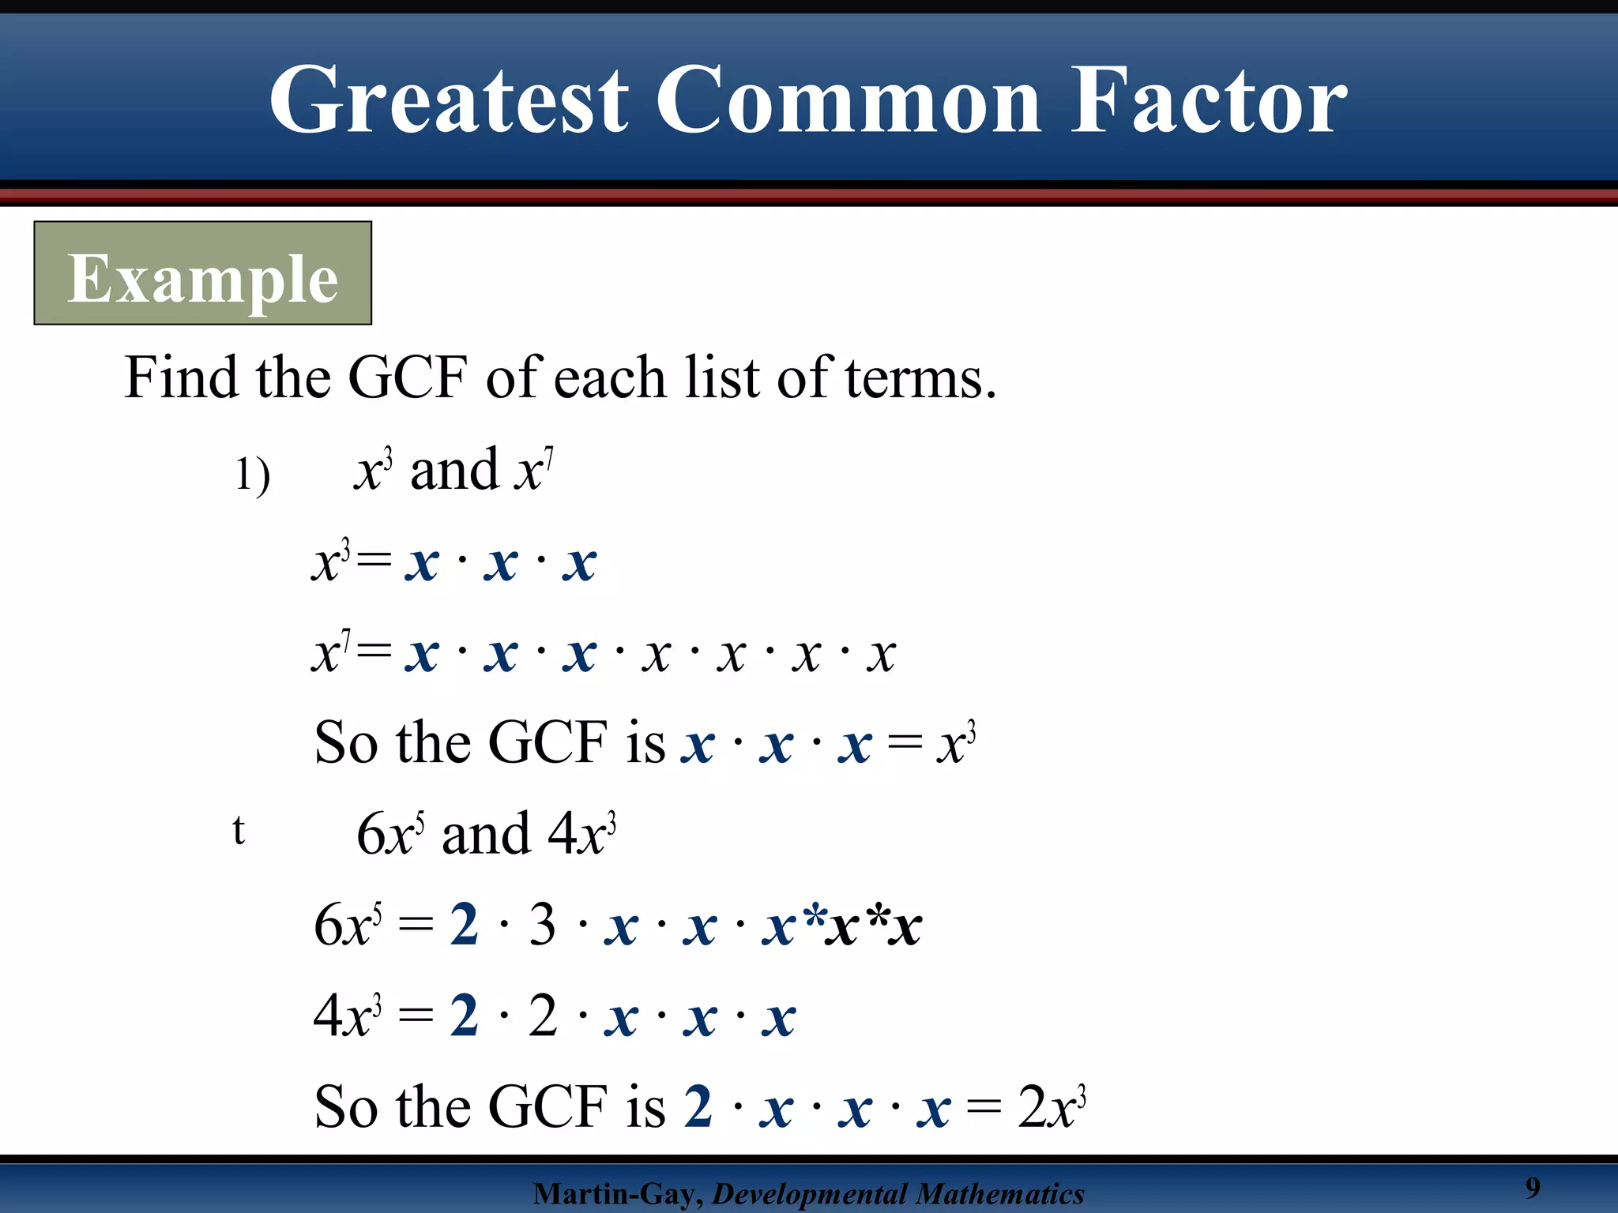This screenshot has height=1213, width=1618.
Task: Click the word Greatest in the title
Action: tap(449, 101)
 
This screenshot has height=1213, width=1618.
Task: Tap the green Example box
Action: tap(202, 273)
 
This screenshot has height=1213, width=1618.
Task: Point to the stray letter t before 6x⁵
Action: tap(239, 830)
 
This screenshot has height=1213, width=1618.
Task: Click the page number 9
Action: tap(1533, 1187)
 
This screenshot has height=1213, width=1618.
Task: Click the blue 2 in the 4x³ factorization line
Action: tap(465, 1016)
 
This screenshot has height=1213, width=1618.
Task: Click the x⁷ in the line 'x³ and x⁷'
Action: tap(533, 471)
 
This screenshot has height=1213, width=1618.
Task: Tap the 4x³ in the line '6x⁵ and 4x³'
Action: tap(581, 835)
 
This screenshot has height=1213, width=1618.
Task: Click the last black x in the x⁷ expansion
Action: tap(881, 655)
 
